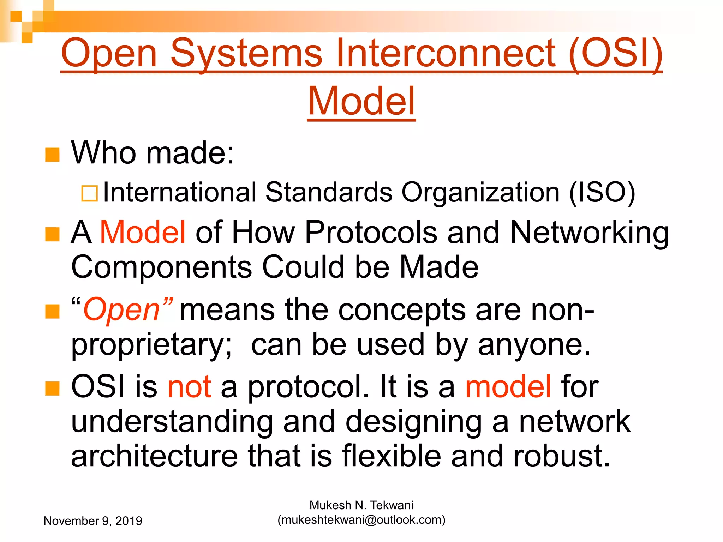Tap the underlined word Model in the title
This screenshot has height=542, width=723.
361,101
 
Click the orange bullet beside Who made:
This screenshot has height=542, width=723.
52,155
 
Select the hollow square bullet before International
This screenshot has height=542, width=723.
89,193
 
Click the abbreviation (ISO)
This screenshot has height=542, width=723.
602,193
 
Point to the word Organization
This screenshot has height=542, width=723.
480,193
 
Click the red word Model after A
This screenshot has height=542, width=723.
143,232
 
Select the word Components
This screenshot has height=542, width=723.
161,267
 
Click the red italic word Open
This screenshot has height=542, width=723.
122,310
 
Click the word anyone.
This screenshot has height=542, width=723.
534,345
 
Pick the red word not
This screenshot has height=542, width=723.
190,387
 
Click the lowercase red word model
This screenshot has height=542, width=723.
508,387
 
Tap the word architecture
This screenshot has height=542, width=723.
154,456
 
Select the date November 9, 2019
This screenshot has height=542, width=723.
93,521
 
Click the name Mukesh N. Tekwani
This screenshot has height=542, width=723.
361,505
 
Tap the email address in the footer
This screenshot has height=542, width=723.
361,520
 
